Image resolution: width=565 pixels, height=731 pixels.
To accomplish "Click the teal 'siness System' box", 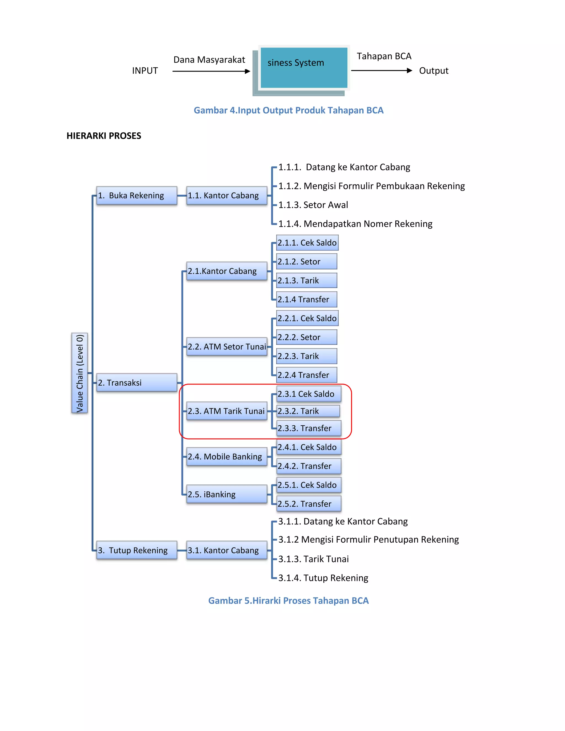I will point(303,68).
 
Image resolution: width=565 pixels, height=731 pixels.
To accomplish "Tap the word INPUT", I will point(145,71).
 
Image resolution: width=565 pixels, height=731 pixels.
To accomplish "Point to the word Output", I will point(433,71).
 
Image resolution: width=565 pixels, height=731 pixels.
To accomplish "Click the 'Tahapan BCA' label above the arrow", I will point(384,56).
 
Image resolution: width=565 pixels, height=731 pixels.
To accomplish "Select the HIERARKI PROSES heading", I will point(104,135).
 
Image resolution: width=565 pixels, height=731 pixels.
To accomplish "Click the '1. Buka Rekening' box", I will point(137,196).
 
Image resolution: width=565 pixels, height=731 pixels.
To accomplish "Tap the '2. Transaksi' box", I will point(137,383).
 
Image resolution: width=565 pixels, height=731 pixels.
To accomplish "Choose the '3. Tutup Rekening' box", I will point(137,550).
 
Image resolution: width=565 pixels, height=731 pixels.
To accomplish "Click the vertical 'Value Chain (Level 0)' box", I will point(79,373).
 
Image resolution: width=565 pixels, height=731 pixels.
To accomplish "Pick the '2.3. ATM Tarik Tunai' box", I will point(226,411).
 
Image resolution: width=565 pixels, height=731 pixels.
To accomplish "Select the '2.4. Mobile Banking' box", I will point(226,457).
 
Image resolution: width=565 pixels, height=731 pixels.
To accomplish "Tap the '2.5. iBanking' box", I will point(226,494).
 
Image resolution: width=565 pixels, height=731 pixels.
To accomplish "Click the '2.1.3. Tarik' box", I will point(307,281).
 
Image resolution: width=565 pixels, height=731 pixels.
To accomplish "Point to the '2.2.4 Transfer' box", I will point(307,375).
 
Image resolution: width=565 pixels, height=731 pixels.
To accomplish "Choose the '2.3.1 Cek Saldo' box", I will point(309,394).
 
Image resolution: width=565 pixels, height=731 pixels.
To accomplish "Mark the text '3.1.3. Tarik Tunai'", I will point(313,559).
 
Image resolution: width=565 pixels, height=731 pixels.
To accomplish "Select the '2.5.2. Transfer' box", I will point(309,504).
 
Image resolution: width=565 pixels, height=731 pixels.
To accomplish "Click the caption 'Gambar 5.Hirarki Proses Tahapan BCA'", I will point(288,601).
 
